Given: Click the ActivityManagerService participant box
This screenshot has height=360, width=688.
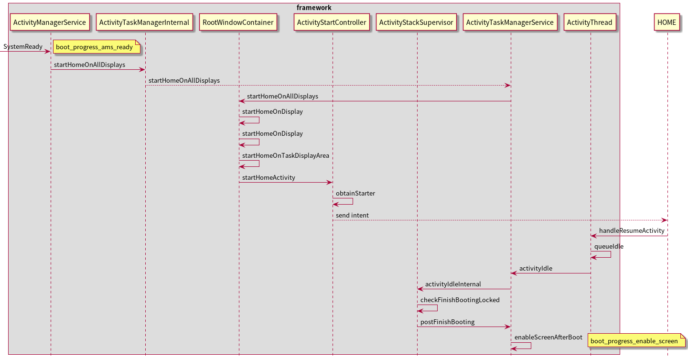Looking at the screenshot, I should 50,22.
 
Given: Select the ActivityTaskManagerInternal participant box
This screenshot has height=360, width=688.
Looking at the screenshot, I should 144,22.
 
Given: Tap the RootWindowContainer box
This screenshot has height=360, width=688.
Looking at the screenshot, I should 238,22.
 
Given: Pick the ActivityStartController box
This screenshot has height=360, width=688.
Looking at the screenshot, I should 332,22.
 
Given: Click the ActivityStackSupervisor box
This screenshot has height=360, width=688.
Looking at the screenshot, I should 416,22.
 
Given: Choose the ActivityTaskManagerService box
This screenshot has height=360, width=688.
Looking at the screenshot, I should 510,22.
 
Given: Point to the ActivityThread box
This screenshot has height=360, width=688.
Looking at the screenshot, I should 590,22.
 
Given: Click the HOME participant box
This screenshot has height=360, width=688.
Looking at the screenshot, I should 666,22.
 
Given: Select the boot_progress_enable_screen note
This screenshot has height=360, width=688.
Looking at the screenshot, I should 634,341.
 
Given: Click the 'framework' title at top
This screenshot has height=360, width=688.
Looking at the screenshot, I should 314,8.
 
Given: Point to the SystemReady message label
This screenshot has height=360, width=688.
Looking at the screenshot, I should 23,47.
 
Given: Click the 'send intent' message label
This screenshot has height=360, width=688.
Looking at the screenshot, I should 352,215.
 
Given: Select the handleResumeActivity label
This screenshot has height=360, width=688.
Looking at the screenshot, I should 631,230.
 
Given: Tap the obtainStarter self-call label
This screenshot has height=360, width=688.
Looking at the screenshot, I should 355,193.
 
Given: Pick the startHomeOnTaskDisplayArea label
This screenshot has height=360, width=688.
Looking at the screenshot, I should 285,155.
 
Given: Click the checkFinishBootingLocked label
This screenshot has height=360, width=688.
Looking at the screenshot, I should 460,300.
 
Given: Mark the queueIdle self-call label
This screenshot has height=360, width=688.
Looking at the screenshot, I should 608,246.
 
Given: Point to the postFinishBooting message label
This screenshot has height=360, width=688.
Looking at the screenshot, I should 447,322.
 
